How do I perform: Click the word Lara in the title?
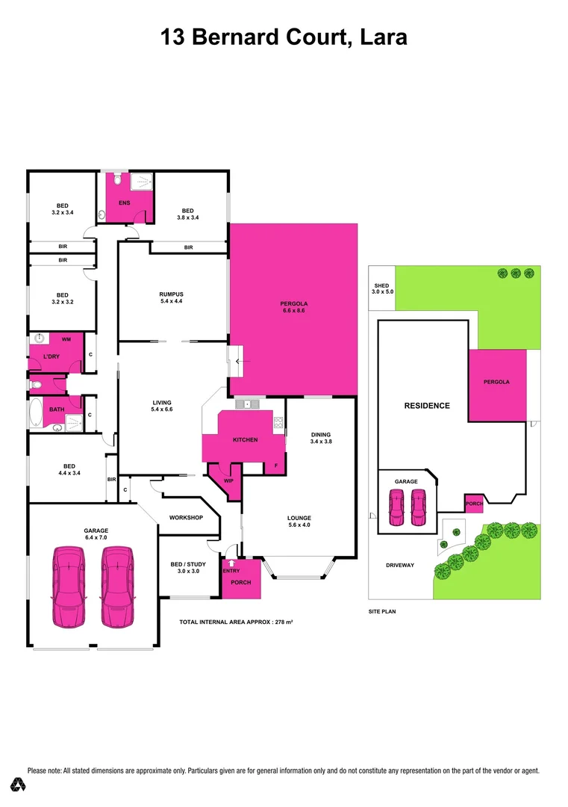click(381, 37)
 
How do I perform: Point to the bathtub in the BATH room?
click(37, 412)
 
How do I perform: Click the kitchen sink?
click(247, 405)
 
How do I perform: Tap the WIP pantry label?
click(229, 481)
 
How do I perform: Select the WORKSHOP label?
click(186, 518)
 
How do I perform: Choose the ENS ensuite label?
click(124, 203)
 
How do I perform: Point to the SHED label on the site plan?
click(382, 288)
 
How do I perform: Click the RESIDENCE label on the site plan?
click(427, 406)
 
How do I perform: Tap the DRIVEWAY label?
click(399, 565)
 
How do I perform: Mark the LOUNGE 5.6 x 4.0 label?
click(299, 522)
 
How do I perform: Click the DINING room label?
click(320, 438)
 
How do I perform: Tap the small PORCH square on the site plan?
click(474, 504)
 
